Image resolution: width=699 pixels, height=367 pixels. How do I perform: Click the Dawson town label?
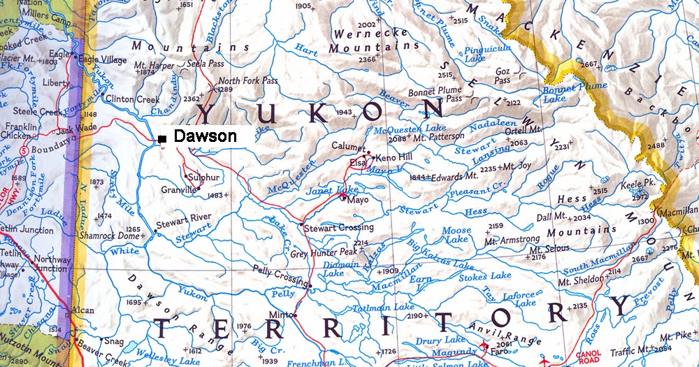coord(205,137)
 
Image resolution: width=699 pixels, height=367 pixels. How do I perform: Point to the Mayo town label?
coord(358,199)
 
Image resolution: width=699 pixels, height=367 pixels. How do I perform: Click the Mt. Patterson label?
coord(438,138)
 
